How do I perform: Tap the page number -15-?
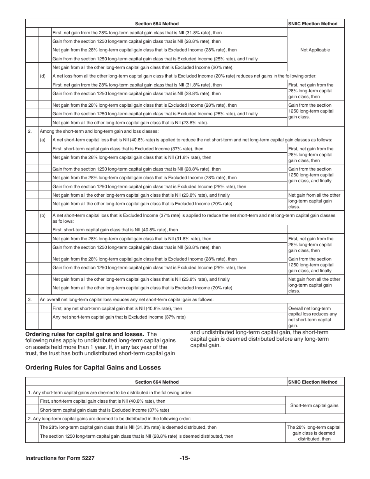click(x=185, y=458)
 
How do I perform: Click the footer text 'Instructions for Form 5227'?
click(x=60, y=458)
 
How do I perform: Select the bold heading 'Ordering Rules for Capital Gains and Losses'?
click(x=93, y=367)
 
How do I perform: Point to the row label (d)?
click(x=43, y=76)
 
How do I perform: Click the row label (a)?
click(x=43, y=140)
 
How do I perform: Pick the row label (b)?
click(x=43, y=215)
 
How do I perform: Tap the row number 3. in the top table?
click(x=30, y=299)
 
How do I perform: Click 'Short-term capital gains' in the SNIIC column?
click(x=314, y=405)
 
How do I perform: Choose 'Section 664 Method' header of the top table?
click(x=157, y=24)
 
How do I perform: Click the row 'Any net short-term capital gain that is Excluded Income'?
click(x=119, y=317)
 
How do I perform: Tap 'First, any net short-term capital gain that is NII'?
click(x=117, y=308)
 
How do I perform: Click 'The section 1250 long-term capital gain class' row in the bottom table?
click(x=137, y=436)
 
